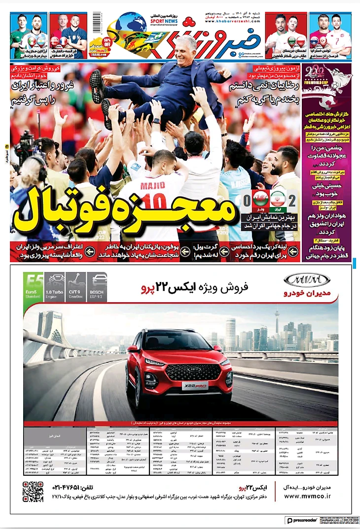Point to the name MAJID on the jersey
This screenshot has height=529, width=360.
pos(153,186)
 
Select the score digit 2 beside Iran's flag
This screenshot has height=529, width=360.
pos(292,202)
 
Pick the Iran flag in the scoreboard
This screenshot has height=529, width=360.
pos(278,199)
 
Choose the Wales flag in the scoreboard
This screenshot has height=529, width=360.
pos(261,199)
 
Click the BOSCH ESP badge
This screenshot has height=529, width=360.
pos(97,287)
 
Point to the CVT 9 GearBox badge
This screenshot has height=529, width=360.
pos(75,287)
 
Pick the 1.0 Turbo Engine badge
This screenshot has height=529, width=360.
pos(54,287)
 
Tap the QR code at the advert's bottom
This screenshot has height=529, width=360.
pos(33,492)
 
